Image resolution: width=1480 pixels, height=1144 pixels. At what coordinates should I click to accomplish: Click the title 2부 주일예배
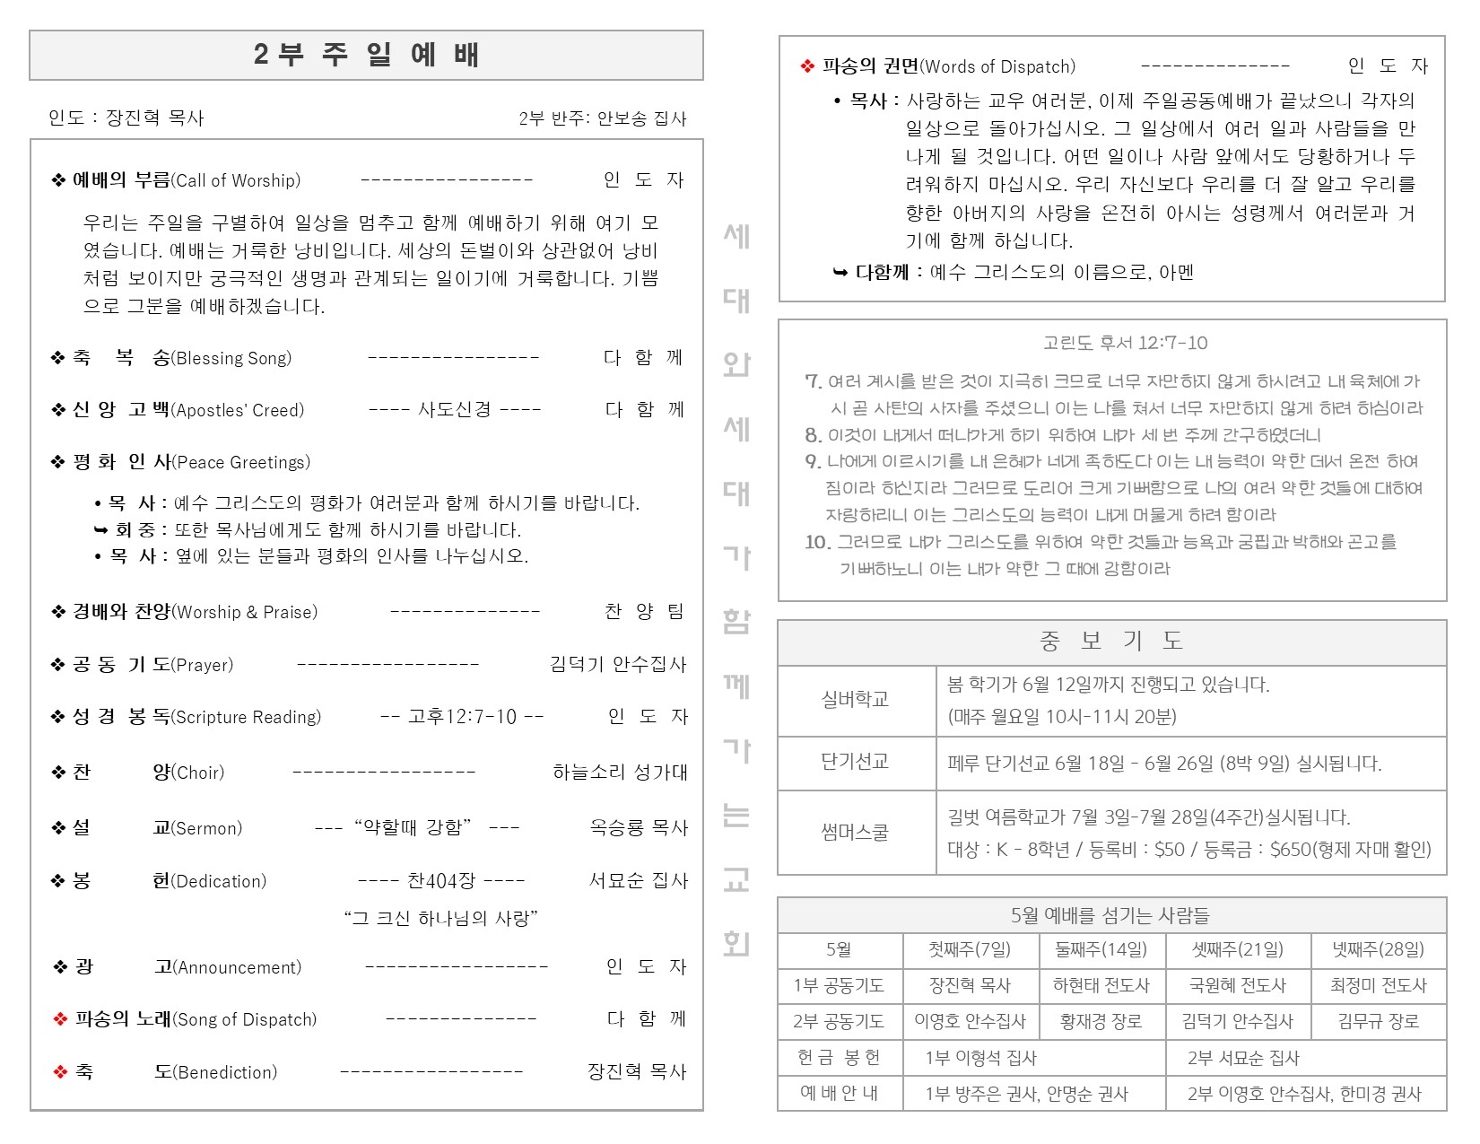(366, 55)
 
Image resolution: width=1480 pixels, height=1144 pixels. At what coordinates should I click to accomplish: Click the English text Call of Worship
(237, 180)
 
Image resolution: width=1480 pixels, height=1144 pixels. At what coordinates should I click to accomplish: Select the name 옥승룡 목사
(638, 827)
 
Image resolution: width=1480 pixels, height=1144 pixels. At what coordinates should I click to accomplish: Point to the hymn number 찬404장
(440, 880)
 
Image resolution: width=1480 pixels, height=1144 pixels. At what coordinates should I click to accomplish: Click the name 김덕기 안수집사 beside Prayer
(618, 664)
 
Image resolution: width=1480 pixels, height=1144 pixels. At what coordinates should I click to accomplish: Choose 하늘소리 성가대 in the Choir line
(620, 772)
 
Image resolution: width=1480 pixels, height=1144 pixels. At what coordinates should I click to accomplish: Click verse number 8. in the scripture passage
(813, 436)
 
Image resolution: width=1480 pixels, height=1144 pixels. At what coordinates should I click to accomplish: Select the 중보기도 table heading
(1111, 641)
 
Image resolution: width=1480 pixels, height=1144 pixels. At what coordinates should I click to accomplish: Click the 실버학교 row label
(855, 699)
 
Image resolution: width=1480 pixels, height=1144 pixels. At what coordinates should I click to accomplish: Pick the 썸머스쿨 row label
(855, 832)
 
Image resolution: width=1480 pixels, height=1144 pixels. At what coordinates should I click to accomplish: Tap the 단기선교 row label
(855, 762)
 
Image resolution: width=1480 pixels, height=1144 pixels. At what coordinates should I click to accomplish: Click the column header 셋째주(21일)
(1237, 949)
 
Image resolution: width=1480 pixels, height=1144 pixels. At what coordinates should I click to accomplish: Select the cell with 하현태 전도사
(1101, 985)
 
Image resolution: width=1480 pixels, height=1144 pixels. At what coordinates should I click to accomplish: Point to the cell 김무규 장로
(1378, 1021)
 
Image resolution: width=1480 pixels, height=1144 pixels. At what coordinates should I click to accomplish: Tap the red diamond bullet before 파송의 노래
(60, 1019)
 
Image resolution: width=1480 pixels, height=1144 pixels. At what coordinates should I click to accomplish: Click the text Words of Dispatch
(998, 66)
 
